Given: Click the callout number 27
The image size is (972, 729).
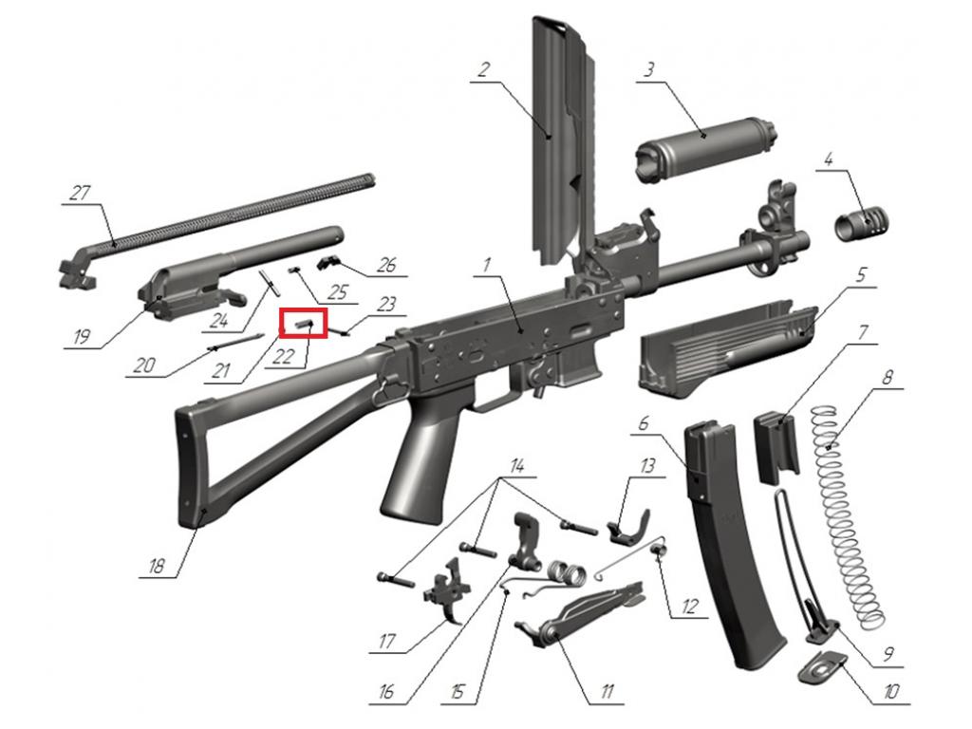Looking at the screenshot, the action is [x=80, y=193].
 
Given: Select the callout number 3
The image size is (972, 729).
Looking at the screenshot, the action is [x=648, y=68].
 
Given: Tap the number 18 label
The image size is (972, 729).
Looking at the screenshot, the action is [x=157, y=566].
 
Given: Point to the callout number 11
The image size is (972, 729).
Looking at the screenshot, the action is [x=607, y=691].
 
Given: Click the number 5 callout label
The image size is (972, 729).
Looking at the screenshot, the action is [x=860, y=274].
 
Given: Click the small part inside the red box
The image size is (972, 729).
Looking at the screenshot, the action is [x=304, y=323].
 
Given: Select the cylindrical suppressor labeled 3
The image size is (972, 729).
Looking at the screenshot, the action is [x=706, y=149].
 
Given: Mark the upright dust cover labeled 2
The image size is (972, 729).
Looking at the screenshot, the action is [x=563, y=142].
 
